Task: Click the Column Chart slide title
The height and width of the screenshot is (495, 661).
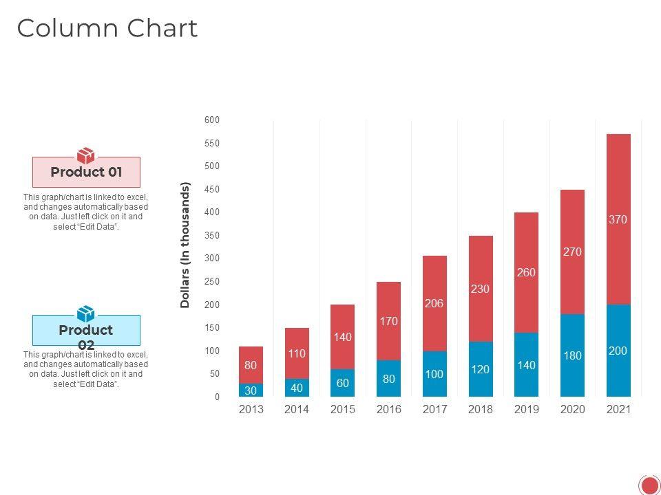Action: pos(107,28)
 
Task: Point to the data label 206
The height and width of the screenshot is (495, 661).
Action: pos(434,303)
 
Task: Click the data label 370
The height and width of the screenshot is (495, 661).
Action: pos(618,220)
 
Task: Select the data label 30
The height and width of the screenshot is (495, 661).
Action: pos(251,390)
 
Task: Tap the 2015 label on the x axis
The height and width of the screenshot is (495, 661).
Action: pos(343,410)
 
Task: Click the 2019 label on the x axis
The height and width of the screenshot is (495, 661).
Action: pos(527,410)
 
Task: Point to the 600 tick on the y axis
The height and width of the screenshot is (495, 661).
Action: pos(212,120)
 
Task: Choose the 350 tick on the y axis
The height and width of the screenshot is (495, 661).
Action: pos(212,236)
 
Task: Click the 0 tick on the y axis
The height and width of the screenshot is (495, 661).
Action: pos(217,397)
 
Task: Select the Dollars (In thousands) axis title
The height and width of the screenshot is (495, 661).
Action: pos(185,245)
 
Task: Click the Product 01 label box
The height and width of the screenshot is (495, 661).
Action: pos(86,173)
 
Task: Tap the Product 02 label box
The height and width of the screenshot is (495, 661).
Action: pos(86,331)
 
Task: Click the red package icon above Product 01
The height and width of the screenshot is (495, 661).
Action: pos(86,155)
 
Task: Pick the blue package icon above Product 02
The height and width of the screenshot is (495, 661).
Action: pos(86,313)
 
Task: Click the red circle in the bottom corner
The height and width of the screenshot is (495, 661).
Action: pos(649,485)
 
